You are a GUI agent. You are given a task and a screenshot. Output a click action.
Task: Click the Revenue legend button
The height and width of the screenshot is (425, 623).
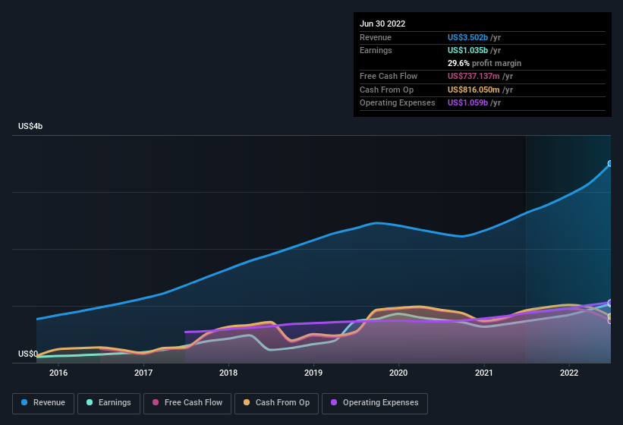[x=43, y=402]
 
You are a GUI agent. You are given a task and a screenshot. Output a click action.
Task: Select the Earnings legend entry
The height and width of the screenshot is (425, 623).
[x=109, y=402]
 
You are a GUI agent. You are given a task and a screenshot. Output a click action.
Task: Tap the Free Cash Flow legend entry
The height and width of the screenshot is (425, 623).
[x=187, y=402]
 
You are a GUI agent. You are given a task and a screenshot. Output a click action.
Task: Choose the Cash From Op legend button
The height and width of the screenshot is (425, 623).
[x=275, y=402]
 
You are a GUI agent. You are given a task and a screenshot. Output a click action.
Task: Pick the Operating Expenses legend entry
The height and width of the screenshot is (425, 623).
[x=375, y=402]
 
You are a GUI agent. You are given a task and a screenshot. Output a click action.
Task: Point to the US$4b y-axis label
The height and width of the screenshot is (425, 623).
[x=30, y=126]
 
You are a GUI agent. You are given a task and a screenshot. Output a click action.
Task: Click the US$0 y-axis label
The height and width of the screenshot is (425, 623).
[x=27, y=354]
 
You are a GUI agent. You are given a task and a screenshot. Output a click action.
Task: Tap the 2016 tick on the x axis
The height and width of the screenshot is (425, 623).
[x=58, y=373]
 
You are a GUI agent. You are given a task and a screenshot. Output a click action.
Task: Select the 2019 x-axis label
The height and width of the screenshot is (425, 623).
[x=313, y=373]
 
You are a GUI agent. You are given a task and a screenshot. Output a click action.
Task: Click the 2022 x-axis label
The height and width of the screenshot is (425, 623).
[x=569, y=373]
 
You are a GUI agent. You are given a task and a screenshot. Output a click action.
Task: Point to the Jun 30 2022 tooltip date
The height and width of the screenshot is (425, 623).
[x=382, y=24]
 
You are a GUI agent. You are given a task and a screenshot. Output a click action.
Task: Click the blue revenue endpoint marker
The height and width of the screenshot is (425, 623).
[x=610, y=163]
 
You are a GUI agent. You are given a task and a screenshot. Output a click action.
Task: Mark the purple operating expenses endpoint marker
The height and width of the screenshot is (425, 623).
[x=610, y=303]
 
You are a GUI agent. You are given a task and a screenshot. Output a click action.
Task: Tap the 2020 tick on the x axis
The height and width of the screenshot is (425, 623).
[x=398, y=373]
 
